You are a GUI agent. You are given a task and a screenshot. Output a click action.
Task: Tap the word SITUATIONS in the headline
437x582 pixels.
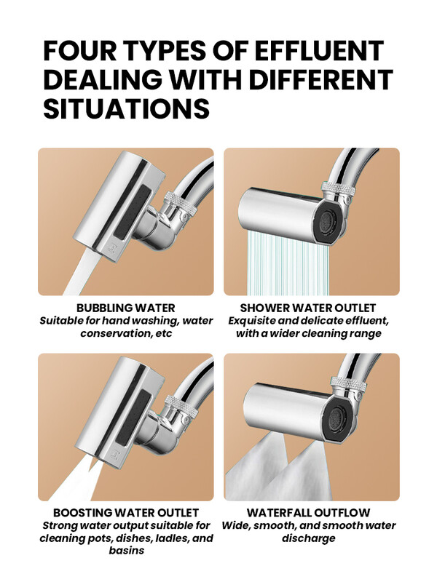126,108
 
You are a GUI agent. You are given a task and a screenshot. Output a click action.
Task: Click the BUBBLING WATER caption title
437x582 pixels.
125,308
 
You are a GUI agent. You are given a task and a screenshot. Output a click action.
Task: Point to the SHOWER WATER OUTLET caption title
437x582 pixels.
308,308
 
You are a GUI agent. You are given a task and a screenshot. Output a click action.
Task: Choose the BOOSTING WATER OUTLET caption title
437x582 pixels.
125,513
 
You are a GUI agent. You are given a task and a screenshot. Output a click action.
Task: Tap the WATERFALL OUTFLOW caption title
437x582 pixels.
308,513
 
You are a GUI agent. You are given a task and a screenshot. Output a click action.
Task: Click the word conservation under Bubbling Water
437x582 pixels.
115,333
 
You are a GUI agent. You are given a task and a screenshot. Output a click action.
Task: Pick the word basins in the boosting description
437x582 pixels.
126,550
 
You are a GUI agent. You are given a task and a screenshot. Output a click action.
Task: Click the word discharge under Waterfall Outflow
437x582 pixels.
308,538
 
